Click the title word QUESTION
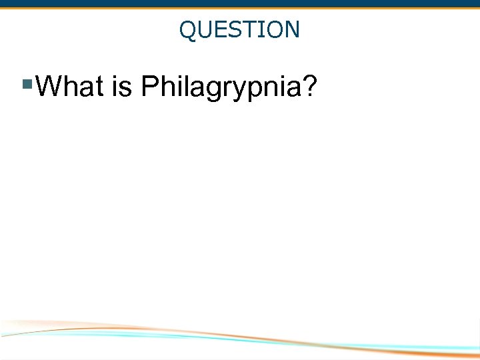point(240,29)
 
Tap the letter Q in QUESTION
point(188,30)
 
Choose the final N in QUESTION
point(291,29)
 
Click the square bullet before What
point(27,84)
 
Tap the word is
point(122,87)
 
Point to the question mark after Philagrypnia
point(309,87)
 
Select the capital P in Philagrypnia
point(149,87)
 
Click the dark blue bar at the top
point(240,3)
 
